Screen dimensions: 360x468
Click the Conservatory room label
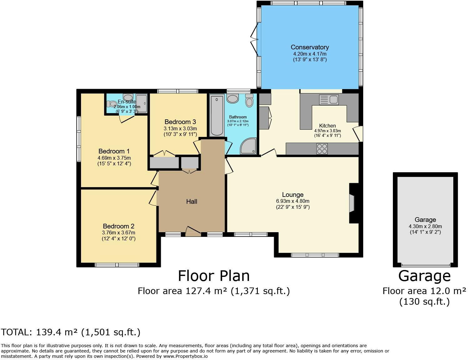[x=309, y=47]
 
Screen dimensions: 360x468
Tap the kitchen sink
[x=328, y=100]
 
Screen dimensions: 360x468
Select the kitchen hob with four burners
[x=322, y=148]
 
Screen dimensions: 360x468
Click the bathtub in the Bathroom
[x=217, y=115]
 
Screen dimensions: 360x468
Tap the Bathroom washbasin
[x=233, y=99]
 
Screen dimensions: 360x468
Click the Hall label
[x=191, y=202]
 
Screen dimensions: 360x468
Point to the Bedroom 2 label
[x=119, y=226]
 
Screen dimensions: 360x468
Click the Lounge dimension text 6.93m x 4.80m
[x=292, y=201]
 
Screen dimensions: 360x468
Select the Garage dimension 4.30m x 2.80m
[x=425, y=226]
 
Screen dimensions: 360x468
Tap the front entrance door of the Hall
[x=193, y=231]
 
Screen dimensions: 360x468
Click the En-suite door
[x=127, y=119]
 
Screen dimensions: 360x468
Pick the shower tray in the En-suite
[x=141, y=103]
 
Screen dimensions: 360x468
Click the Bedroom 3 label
[x=180, y=122]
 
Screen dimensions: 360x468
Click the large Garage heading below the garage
[x=424, y=276]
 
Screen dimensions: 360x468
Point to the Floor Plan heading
[x=214, y=276]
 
